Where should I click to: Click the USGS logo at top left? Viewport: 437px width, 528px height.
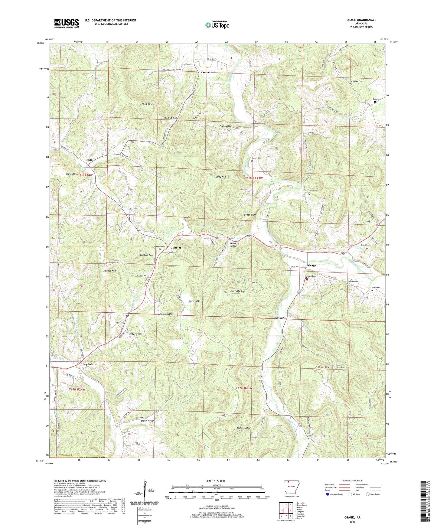click(x=67, y=23)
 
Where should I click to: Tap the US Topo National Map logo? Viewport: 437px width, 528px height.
click(x=217, y=25)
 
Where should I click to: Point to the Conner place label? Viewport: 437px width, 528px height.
click(x=206, y=72)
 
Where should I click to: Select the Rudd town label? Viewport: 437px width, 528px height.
click(x=89, y=160)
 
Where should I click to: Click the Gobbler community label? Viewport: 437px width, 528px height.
click(x=176, y=248)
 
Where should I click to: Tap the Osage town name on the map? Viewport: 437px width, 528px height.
click(x=312, y=266)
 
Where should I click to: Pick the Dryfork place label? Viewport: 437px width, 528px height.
click(x=88, y=364)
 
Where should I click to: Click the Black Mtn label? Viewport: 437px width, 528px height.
click(x=147, y=104)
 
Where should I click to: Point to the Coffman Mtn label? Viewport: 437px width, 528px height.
click(x=322, y=367)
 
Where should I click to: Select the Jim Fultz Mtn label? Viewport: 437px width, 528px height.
click(x=237, y=291)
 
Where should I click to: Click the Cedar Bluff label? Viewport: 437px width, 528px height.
click(x=250, y=215)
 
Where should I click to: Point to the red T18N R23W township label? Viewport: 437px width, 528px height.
click(x=254, y=178)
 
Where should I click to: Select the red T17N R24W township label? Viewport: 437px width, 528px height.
click(x=77, y=389)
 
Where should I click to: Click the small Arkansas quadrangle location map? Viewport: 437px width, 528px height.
click(x=292, y=489)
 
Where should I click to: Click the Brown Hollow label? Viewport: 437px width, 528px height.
click(x=148, y=421)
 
